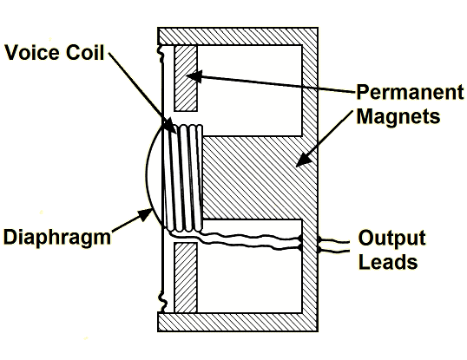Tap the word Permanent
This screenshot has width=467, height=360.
[410, 92]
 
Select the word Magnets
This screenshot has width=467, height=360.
[398, 116]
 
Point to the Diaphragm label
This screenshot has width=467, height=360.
[57, 238]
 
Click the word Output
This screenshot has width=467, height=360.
[392, 238]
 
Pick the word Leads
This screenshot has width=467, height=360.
[388, 261]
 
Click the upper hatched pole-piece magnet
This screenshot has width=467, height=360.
[186, 78]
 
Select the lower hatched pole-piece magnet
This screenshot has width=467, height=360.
[186, 278]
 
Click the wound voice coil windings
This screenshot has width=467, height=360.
[184, 178]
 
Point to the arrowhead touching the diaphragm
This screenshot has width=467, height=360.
[146, 214]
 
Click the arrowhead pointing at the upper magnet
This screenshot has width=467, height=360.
[194, 76]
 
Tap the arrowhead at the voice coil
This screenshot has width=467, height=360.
[170, 125]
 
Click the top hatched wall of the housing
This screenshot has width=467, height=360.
[238, 36]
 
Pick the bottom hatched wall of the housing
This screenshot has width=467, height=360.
[238, 322]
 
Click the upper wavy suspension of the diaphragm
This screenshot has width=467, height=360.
[161, 54]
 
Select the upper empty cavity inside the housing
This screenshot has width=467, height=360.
[250, 90]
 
